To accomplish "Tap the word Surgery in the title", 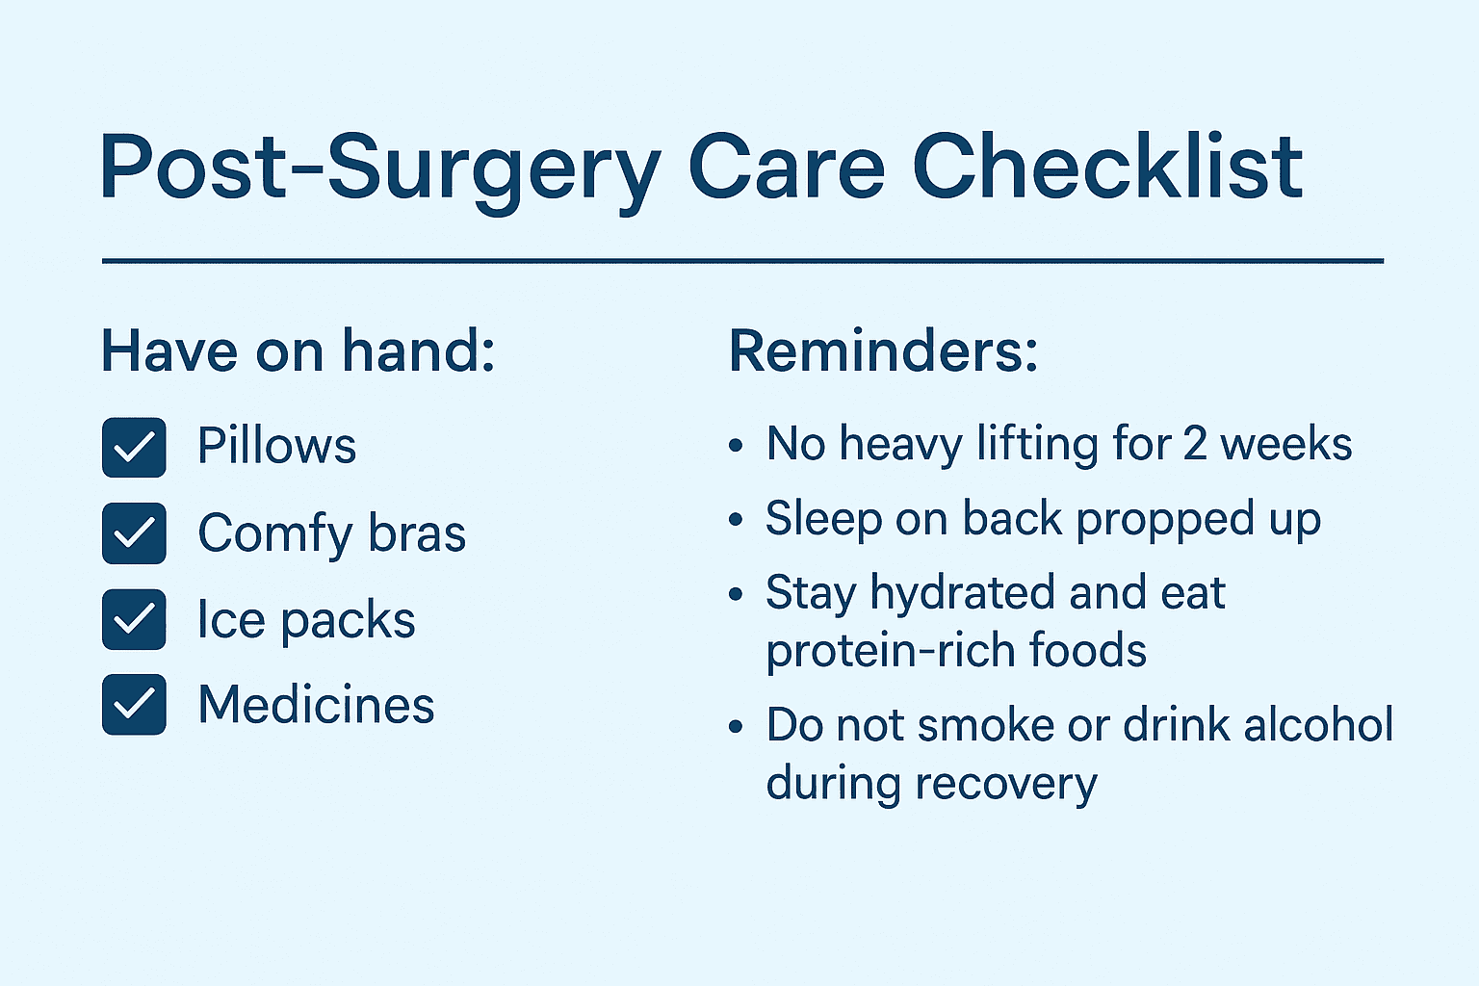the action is point(493,173).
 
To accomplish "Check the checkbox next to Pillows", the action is point(134,447).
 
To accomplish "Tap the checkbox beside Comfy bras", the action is point(134,532).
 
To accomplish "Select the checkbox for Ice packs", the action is point(134,619).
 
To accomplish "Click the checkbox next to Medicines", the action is point(134,705).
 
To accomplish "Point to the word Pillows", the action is point(276,445).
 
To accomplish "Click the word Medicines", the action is point(316,704).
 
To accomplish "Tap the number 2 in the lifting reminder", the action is point(1195,444).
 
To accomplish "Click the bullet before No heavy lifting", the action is point(736,445).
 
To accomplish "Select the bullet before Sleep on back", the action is point(736,519).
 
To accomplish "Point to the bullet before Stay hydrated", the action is point(736,594).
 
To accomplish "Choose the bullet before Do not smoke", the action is point(736,727).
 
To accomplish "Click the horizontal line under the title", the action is point(742,262).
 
